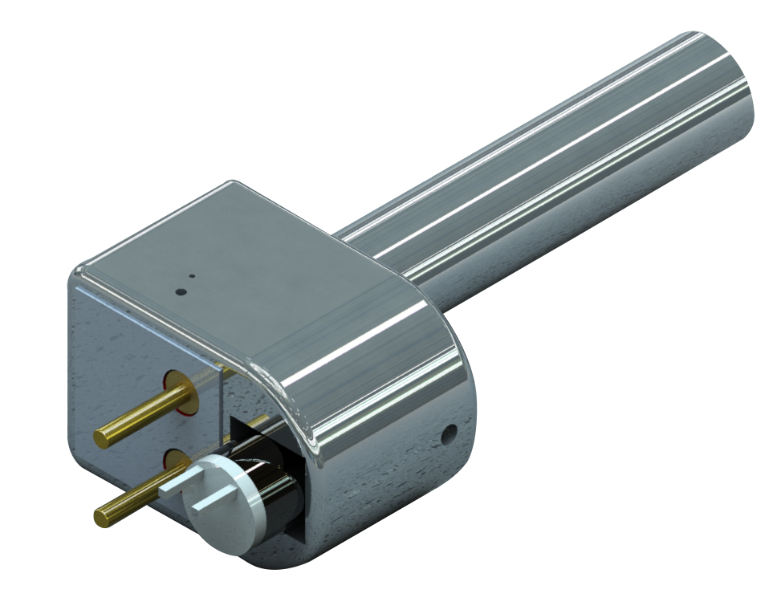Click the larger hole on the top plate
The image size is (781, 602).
pyautogui.click(x=181, y=291)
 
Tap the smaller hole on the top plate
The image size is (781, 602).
pyautogui.click(x=192, y=276)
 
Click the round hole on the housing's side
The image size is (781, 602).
pyautogui.click(x=449, y=434)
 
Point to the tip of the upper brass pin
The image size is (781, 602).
pyautogui.click(x=102, y=438)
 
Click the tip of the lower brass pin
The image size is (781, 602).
pyautogui.click(x=101, y=517)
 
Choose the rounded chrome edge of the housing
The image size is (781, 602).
pyautogui.click(x=377, y=377)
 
